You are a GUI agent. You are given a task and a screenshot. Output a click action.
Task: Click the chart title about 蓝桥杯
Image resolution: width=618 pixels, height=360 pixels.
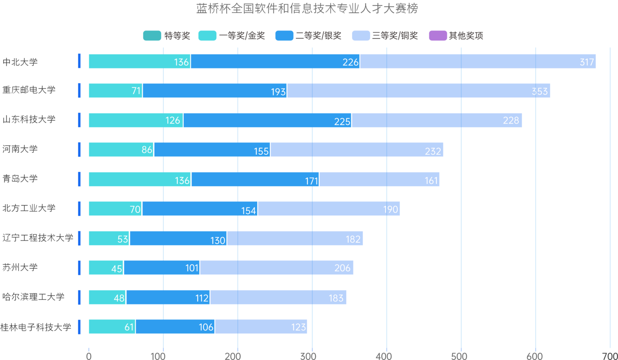(307, 9)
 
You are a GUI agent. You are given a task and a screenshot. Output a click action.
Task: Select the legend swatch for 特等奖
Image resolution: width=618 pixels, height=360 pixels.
(152, 36)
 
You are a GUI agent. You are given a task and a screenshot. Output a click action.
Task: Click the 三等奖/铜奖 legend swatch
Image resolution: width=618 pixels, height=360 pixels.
(361, 36)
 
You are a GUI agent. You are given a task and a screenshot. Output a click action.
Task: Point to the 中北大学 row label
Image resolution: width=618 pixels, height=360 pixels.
(20, 62)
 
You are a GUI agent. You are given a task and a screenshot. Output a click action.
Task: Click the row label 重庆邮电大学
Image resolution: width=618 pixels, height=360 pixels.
(29, 90)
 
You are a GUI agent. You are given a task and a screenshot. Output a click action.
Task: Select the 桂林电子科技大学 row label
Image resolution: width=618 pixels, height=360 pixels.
(36, 327)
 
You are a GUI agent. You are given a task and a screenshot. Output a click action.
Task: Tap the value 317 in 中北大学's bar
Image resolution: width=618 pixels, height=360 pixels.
(587, 62)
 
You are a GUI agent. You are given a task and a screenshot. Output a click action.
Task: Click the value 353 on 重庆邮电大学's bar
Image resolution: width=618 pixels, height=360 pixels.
(540, 91)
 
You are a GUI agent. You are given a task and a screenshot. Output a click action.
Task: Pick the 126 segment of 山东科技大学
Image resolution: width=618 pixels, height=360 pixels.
(173, 120)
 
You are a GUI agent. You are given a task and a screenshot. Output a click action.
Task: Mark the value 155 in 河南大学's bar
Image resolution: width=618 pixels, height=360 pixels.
(261, 151)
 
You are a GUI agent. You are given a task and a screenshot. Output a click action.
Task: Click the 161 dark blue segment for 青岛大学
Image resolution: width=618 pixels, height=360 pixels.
(431, 180)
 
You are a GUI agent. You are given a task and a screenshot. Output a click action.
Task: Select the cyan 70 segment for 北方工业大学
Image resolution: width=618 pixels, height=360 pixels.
(135, 210)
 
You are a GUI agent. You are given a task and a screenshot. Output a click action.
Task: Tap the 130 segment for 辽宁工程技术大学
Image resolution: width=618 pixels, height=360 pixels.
(218, 240)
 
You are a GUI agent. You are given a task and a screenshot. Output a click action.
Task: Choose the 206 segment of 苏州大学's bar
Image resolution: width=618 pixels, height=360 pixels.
(342, 268)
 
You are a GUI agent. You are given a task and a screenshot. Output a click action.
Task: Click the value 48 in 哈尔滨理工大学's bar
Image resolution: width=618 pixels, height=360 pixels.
(119, 298)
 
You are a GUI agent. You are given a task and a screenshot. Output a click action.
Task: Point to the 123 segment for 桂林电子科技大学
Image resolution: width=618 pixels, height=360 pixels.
(298, 327)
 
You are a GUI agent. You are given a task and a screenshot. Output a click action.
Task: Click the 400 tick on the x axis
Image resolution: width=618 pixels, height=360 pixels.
(384, 355)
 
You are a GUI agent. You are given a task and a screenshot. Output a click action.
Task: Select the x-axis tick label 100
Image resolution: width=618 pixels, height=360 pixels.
(158, 355)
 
